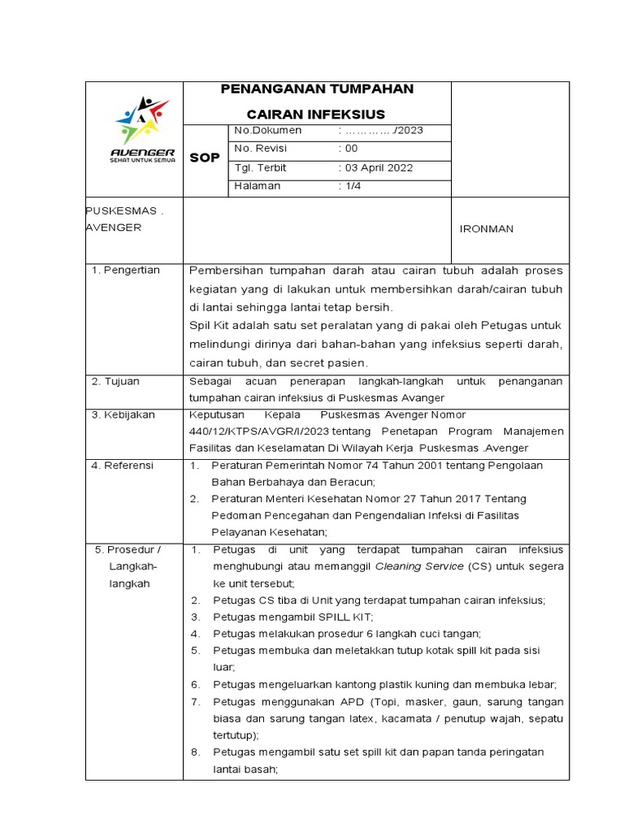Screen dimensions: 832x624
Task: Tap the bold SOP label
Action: (205, 158)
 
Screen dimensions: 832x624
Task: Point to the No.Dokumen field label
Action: (267, 131)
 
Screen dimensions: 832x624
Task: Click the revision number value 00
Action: (351, 149)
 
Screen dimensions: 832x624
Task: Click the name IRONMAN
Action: (487, 229)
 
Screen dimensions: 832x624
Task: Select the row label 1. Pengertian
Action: (126, 271)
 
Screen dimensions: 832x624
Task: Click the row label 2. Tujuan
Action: (118, 381)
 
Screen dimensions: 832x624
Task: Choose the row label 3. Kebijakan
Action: (123, 415)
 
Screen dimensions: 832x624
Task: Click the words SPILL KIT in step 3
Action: (331, 617)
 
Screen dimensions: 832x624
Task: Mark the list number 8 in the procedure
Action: (196, 752)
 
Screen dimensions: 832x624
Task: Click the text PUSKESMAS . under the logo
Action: (125, 210)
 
